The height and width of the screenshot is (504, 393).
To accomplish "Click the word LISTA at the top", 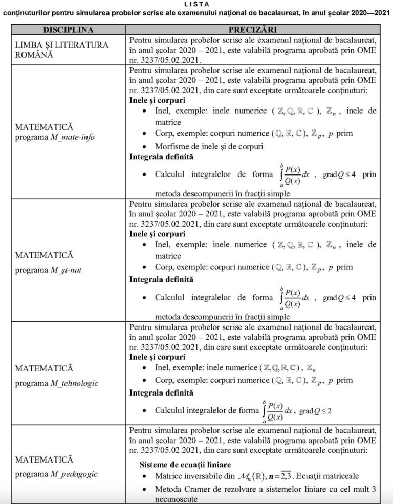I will (196, 4).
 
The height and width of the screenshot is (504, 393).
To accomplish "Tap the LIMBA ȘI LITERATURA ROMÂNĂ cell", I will (62, 50).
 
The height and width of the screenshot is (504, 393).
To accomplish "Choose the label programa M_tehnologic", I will (57, 383).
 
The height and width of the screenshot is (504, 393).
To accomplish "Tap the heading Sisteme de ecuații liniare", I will (185, 465).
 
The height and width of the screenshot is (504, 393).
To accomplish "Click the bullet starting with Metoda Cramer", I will (266, 489).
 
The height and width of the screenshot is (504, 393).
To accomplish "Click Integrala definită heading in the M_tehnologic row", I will (161, 393).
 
